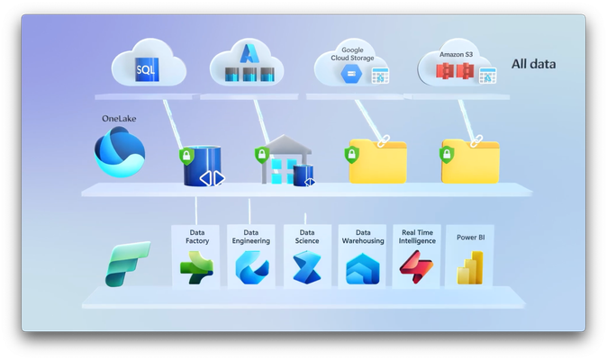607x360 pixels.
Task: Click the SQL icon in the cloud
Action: click(147, 69)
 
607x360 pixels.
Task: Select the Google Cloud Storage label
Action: click(352, 54)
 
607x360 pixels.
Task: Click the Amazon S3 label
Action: click(456, 55)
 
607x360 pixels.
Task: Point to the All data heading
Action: click(533, 64)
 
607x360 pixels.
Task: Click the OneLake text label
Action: click(119, 118)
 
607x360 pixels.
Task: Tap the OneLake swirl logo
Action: click(120, 152)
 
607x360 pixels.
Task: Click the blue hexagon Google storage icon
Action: click(351, 74)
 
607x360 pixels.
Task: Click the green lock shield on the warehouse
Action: click(262, 155)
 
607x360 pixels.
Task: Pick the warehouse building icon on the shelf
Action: click(286, 159)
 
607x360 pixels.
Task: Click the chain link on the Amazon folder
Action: click(476, 141)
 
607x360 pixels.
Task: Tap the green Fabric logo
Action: click(127, 264)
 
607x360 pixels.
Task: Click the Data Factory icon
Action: click(196, 267)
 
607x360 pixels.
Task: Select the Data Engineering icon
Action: click(252, 267)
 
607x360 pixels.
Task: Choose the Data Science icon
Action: click(307, 267)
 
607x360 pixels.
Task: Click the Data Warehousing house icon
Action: click(363, 269)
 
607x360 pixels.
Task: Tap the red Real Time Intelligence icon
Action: click(417, 266)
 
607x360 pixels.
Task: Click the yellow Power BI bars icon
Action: click(470, 267)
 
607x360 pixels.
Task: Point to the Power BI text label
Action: click(471, 238)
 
